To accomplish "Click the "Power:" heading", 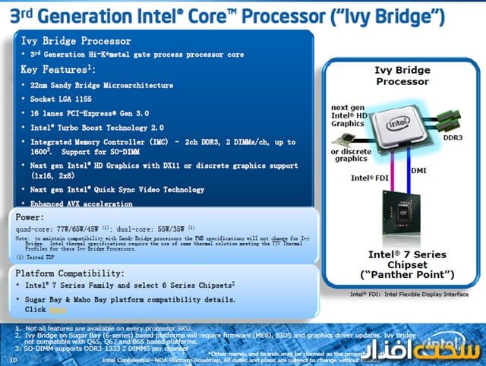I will [x=31, y=217].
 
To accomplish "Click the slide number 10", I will [x=12, y=359].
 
